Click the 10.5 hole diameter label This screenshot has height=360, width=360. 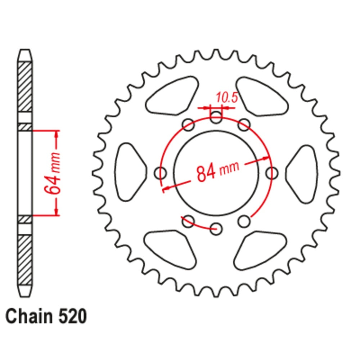click(x=226, y=98)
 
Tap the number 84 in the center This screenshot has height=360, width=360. click(x=206, y=171)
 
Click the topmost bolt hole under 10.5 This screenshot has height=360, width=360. click(x=216, y=116)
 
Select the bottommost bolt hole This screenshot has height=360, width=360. click(x=216, y=228)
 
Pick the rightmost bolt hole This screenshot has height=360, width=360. click(x=273, y=173)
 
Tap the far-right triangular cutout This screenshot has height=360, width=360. click(x=303, y=173)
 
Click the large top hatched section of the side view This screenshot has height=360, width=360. click(x=25, y=87)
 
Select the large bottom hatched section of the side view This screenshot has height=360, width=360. click(x=25, y=258)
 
